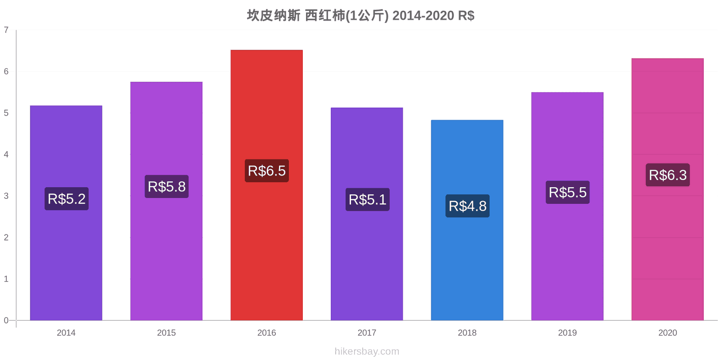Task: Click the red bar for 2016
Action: pyautogui.click(x=266, y=185)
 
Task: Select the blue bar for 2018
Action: pyautogui.click(x=467, y=220)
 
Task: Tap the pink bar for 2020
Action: pyautogui.click(x=668, y=189)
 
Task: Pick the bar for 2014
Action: pyautogui.click(x=66, y=213)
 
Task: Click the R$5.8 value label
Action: pyautogui.click(x=166, y=186)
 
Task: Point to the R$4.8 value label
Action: pyautogui.click(x=468, y=206)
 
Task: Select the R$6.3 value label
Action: pyautogui.click(x=668, y=175)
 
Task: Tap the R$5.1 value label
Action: pyautogui.click(x=367, y=200)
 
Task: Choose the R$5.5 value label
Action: pyautogui.click(x=567, y=192)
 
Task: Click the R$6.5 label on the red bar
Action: pyautogui.click(x=267, y=171)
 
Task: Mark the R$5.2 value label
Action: pyautogui.click(x=67, y=198)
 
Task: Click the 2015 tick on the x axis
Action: pyautogui.click(x=166, y=333)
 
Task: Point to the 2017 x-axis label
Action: pyautogui.click(x=367, y=333)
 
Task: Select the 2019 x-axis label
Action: pyautogui.click(x=567, y=333)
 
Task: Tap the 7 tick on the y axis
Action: pyautogui.click(x=6, y=30)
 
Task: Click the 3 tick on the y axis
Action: pyautogui.click(x=6, y=196)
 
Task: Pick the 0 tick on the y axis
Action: pyautogui.click(x=6, y=320)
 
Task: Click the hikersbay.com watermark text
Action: pyautogui.click(x=367, y=351)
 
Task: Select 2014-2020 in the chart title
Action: pyautogui.click(x=423, y=15)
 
